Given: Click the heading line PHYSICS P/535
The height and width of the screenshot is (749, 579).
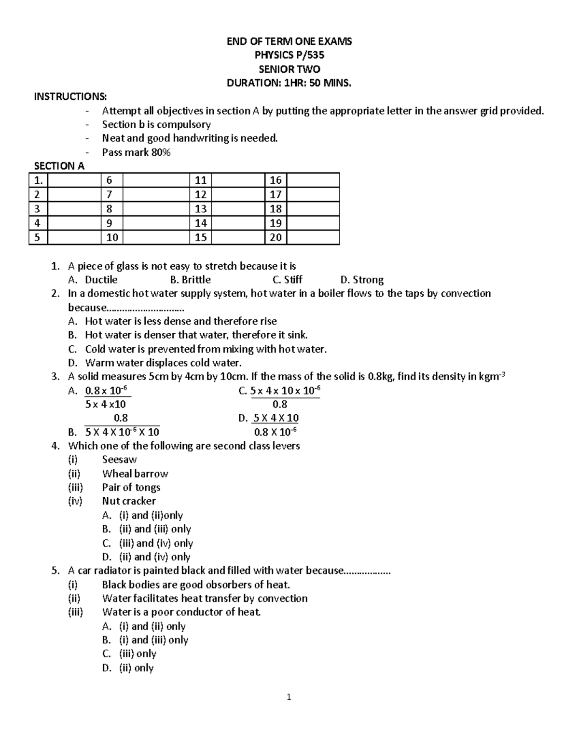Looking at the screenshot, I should (289, 55).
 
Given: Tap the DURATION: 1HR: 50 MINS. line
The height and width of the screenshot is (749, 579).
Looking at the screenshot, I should (289, 83).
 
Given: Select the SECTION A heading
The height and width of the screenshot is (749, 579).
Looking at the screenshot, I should (59, 166).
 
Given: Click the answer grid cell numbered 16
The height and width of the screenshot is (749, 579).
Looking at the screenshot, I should (276, 180).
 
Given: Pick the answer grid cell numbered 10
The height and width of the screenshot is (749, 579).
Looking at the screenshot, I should (112, 237).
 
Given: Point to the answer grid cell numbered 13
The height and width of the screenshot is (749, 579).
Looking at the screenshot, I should (200, 209).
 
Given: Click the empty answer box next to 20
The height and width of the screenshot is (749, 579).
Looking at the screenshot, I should (313, 237).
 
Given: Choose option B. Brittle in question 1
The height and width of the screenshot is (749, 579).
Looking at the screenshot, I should (190, 280).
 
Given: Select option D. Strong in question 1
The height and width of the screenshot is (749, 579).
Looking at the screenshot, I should (362, 280).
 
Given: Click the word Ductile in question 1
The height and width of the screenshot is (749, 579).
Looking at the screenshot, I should (101, 280).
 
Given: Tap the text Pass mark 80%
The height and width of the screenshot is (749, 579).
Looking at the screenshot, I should (136, 152).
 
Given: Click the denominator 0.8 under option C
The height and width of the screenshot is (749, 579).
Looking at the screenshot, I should (280, 404).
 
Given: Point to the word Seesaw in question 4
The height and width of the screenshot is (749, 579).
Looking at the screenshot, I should (119, 460).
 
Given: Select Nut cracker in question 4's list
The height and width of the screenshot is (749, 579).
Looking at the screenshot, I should (129, 501).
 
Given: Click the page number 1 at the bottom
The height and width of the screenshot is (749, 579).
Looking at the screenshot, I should (289, 697).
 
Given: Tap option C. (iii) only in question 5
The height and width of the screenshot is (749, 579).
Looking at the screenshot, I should (129, 654).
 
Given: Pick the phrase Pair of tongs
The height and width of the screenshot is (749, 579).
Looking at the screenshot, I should (131, 487).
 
